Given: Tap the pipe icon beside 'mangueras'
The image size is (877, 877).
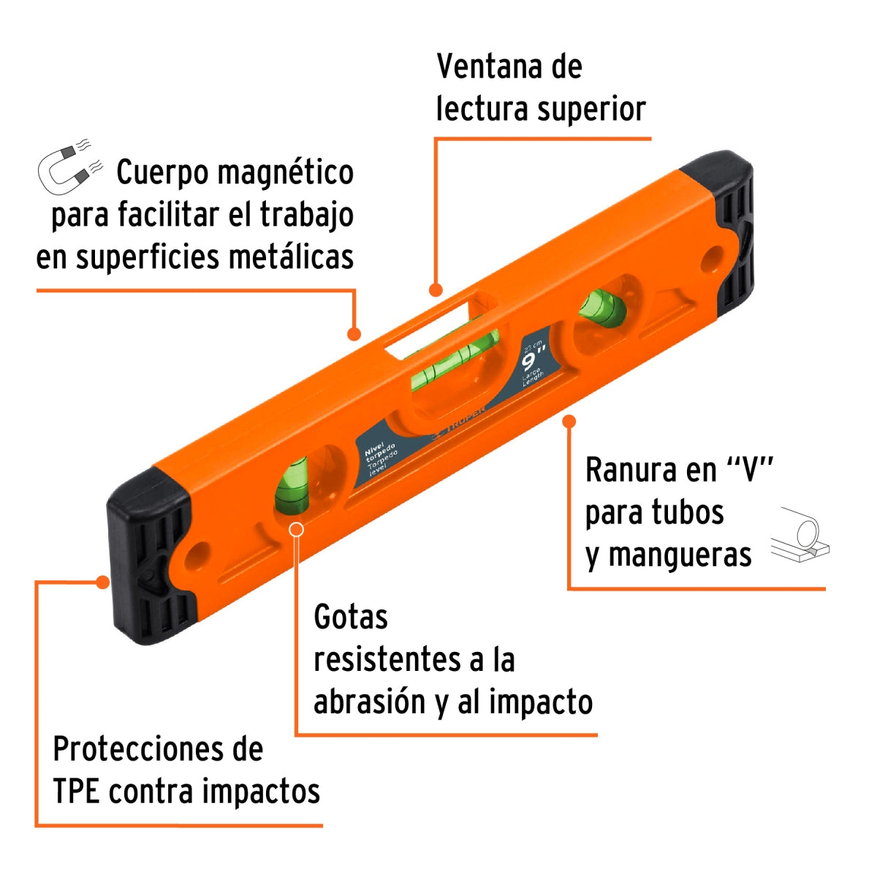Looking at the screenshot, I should tap(800, 536).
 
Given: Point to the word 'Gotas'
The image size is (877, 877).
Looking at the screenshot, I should tap(350, 618).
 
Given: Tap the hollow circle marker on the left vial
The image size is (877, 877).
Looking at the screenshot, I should tap(296, 528).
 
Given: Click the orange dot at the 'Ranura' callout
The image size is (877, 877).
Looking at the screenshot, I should tap(569, 421).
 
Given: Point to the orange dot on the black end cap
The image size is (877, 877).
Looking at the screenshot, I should tap(103, 582).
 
